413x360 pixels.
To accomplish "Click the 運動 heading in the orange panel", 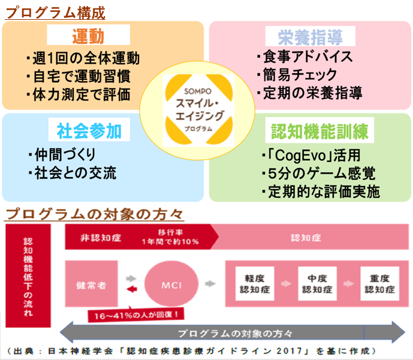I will (x=88, y=36).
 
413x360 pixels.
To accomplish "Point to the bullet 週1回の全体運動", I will (x=83, y=58).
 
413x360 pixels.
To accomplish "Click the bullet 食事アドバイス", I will (x=304, y=57).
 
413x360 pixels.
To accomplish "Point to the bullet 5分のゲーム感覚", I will (x=318, y=174).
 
